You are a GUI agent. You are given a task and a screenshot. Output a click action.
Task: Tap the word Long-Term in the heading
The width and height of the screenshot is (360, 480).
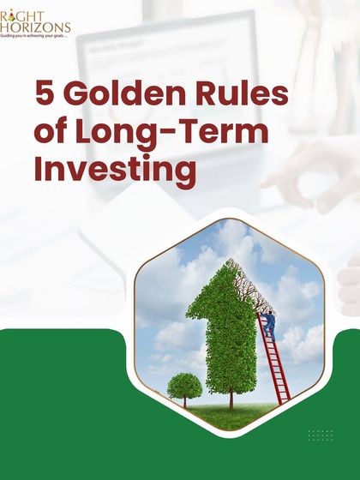tap(175, 133)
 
